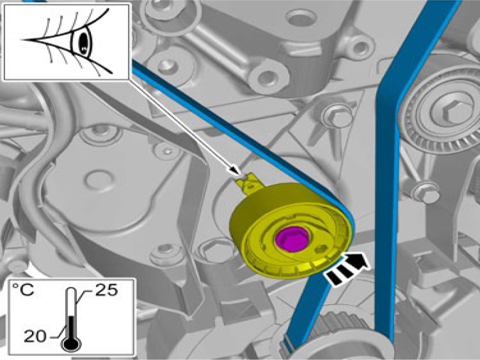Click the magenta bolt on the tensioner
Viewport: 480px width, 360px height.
(293, 239)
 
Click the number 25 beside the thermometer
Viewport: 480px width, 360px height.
(106, 289)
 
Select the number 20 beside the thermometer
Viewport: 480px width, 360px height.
(35, 336)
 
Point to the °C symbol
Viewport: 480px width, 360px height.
(22, 289)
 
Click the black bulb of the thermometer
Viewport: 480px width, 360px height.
(71, 343)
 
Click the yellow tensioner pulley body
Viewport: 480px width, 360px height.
(291, 230)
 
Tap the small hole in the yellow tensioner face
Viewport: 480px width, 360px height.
(322, 249)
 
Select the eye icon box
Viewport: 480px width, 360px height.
(66, 42)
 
